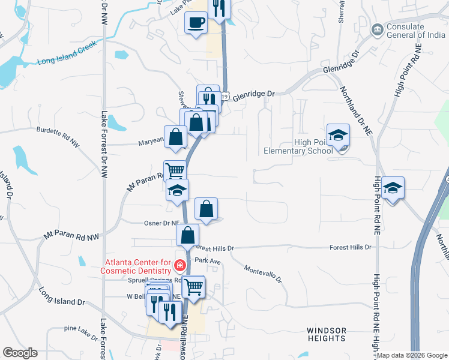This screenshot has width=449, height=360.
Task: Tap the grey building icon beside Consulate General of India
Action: [x=378, y=29]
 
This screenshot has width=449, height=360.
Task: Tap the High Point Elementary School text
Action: [x=298, y=146]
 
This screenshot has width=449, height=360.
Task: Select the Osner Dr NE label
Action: [x=163, y=223]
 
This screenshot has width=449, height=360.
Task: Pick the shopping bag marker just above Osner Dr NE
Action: [x=206, y=210]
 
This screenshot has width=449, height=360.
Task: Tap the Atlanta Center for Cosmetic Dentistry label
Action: [x=138, y=266]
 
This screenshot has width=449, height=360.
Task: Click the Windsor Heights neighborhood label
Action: [x=327, y=335]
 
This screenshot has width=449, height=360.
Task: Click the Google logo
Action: [x=20, y=353]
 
